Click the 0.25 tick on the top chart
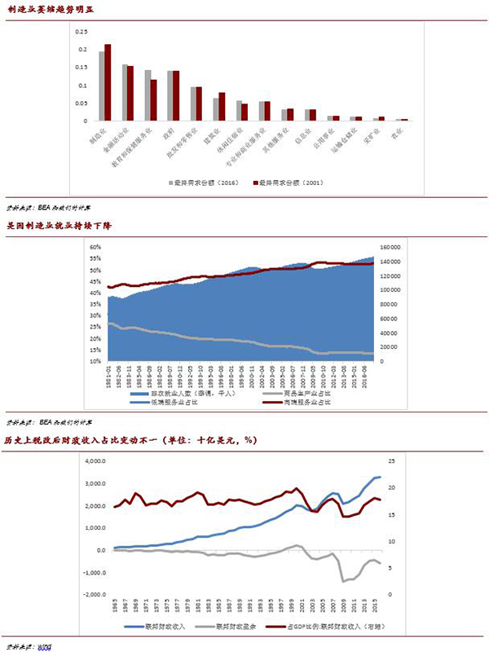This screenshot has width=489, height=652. pyautogui.click(x=81, y=32)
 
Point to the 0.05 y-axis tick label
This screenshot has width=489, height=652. pyautogui.click(x=81, y=104)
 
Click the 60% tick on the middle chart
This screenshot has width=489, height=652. pyautogui.click(x=95, y=246)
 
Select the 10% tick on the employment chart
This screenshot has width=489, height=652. pyautogui.click(x=95, y=361)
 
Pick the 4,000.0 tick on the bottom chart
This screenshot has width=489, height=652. pyautogui.click(x=96, y=460)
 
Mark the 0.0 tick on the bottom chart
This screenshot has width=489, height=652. pyautogui.click(x=99, y=550)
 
